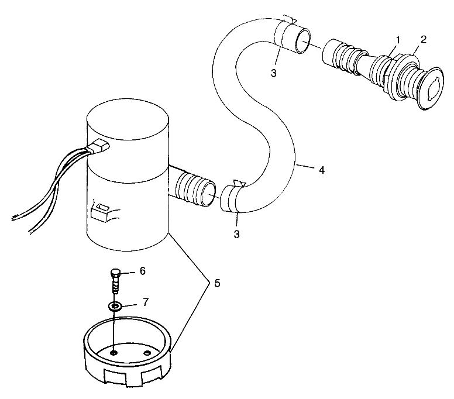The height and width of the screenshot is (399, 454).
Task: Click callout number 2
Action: pyautogui.click(x=423, y=40)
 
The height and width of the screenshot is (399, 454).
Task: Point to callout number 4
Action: pyautogui.click(x=321, y=170)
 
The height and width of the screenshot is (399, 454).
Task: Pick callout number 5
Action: pyautogui.click(x=217, y=283)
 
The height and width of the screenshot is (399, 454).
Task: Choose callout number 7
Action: pyautogui.click(x=146, y=302)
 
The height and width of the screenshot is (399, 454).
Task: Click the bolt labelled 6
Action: pyautogui.click(x=116, y=281)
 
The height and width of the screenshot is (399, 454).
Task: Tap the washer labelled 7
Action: pyautogui.click(x=115, y=306)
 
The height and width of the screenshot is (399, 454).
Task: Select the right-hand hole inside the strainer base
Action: pyautogui.click(x=147, y=353)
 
